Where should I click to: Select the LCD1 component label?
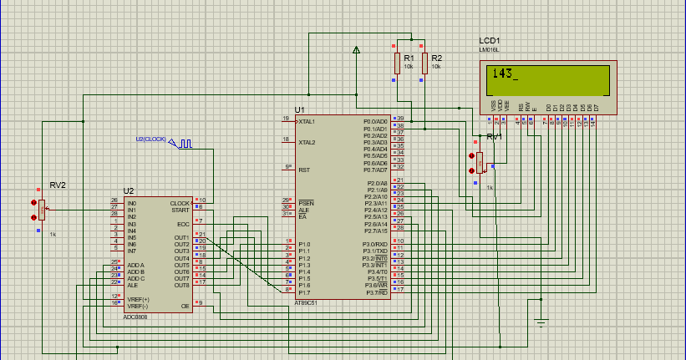[490, 40]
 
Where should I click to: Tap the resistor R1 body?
[397, 63]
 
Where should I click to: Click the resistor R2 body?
[424, 63]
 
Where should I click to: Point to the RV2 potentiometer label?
[58, 184]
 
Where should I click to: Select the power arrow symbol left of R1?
[357, 50]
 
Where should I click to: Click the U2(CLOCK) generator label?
[151, 139]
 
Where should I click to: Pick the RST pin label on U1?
[304, 169]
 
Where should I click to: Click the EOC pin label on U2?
[183, 224]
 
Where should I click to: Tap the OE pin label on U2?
[185, 307]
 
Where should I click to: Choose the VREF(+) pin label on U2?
[137, 298]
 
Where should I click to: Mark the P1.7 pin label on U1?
[304, 292]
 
